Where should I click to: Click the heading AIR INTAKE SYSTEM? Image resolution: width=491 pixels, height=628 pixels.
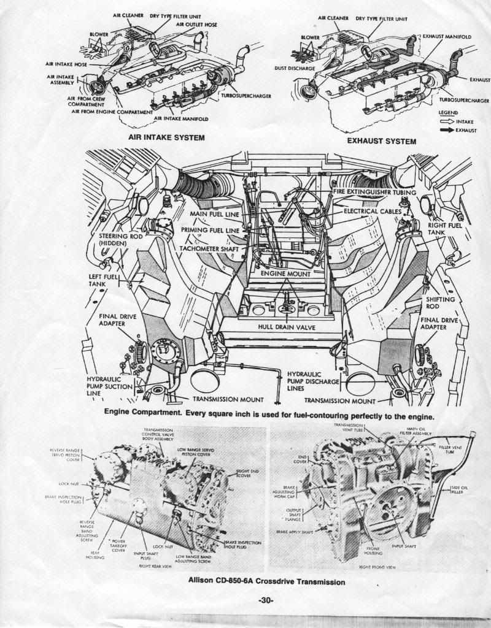(166, 137)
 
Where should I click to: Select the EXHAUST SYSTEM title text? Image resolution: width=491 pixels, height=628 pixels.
(381, 141)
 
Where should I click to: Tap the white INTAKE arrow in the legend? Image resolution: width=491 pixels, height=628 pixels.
(446, 121)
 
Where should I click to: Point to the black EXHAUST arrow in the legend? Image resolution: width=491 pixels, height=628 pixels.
(446, 129)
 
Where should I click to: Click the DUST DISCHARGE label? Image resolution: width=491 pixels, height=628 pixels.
(295, 68)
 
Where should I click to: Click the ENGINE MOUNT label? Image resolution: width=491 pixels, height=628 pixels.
(285, 273)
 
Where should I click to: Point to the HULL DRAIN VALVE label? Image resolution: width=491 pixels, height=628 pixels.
(287, 327)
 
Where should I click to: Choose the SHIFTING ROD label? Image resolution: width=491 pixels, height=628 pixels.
(441, 302)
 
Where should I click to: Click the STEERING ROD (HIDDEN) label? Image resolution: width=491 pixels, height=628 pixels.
(112, 240)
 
